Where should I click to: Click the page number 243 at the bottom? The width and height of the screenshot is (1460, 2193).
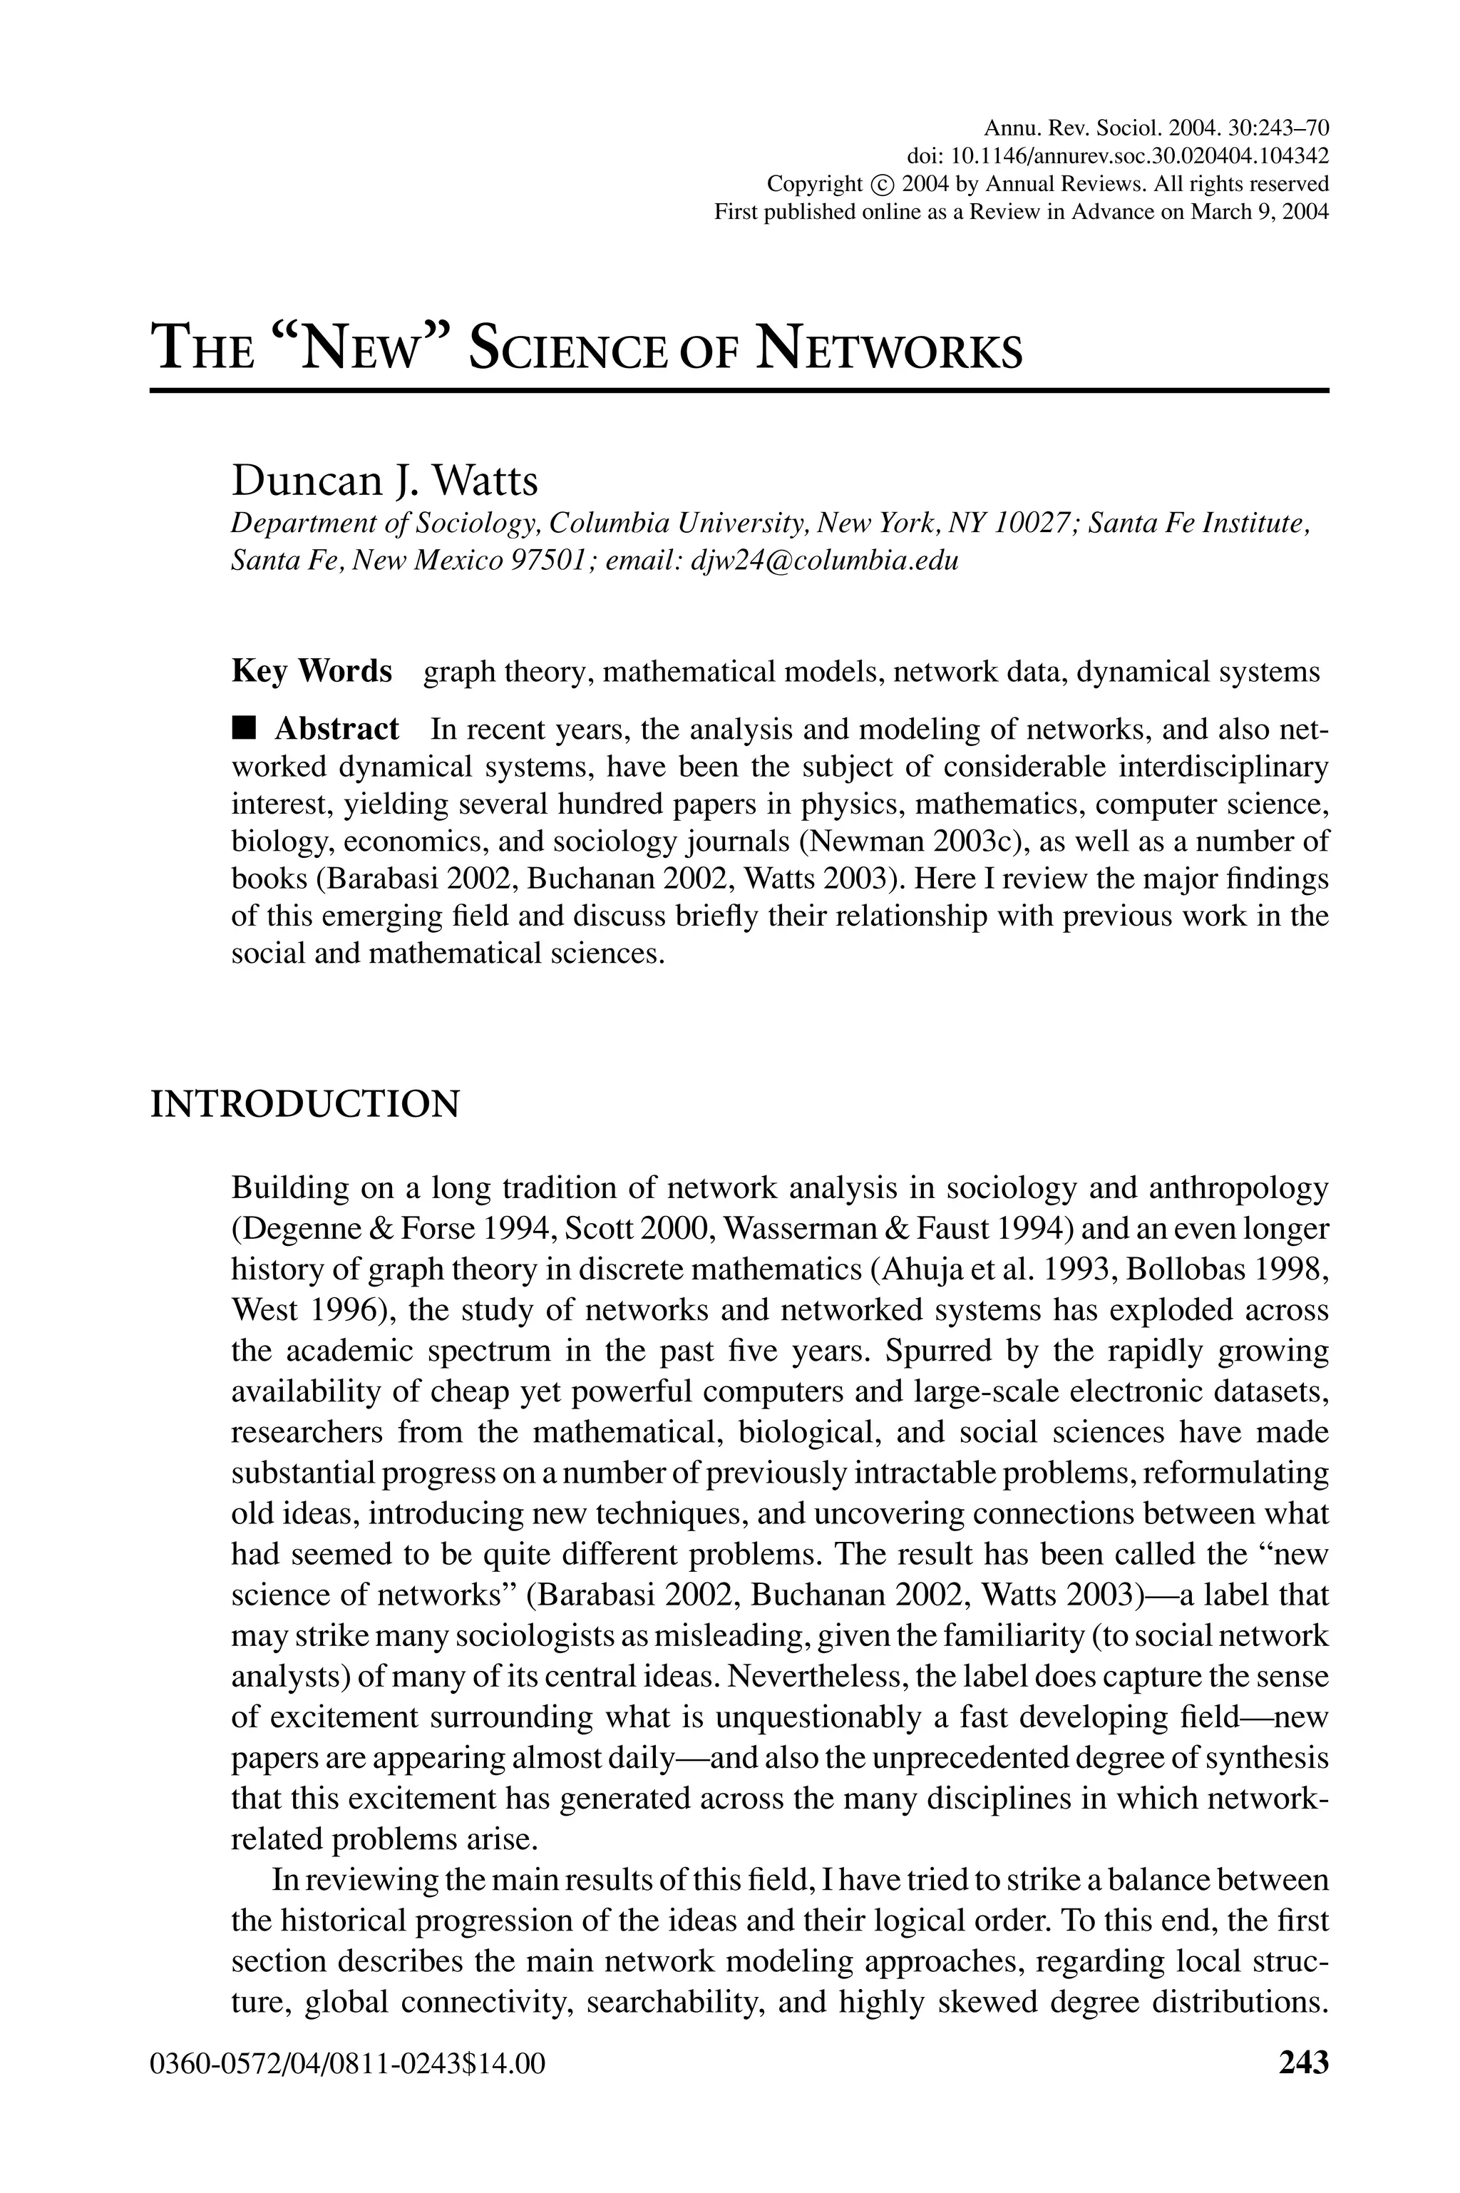coord(1304,2062)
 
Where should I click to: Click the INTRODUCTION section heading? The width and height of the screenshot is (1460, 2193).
coord(304,1105)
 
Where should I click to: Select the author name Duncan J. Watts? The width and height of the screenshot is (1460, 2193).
coord(384,481)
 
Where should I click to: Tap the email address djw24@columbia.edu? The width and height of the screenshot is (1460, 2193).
coord(824,561)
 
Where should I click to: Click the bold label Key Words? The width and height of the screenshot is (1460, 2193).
coord(311,671)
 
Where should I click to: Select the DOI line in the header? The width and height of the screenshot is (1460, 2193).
coord(1117,155)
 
